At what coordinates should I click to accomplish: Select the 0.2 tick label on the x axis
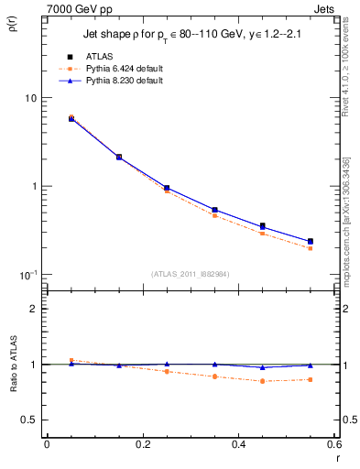point(142,447)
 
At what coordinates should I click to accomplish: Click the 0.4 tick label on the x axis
point(238,447)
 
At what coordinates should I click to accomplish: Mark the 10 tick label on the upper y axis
point(30,98)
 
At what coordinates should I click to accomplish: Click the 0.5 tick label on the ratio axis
point(29,420)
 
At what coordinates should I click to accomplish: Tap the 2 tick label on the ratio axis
point(34,309)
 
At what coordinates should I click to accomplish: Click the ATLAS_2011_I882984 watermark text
point(190,273)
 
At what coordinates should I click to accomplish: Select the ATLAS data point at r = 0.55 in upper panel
point(310,242)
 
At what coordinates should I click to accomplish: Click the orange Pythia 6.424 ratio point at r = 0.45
point(262,381)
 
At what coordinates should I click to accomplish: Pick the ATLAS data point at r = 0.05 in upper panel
point(71,118)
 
